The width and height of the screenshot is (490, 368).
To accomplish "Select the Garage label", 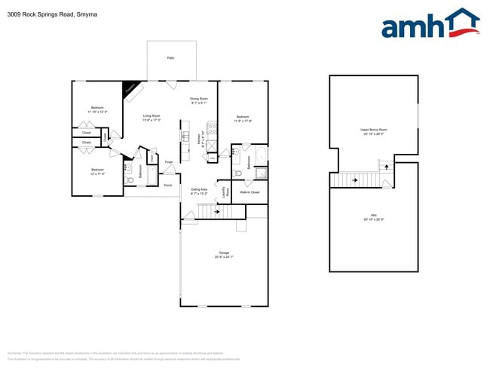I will click(x=224, y=253).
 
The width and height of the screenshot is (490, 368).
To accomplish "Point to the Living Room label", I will click(x=152, y=116).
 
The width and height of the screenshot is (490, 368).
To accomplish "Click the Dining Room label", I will click(x=199, y=99).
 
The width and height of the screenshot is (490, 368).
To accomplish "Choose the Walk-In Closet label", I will click(x=250, y=192).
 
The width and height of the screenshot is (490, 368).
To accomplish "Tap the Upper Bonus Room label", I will click(x=373, y=130).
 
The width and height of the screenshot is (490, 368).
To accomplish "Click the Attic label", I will click(x=373, y=216).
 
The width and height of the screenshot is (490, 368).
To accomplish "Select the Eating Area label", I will click(x=199, y=190).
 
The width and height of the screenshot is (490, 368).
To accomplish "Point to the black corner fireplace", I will click(x=133, y=89).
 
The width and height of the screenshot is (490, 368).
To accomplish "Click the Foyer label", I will click(x=169, y=162).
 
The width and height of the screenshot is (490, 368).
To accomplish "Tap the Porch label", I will click(x=167, y=185).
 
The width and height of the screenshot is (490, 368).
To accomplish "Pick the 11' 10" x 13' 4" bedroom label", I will click(x=97, y=109).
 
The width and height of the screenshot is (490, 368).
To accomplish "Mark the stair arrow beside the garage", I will click(x=217, y=212).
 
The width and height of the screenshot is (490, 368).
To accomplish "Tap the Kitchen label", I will click(x=199, y=139).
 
